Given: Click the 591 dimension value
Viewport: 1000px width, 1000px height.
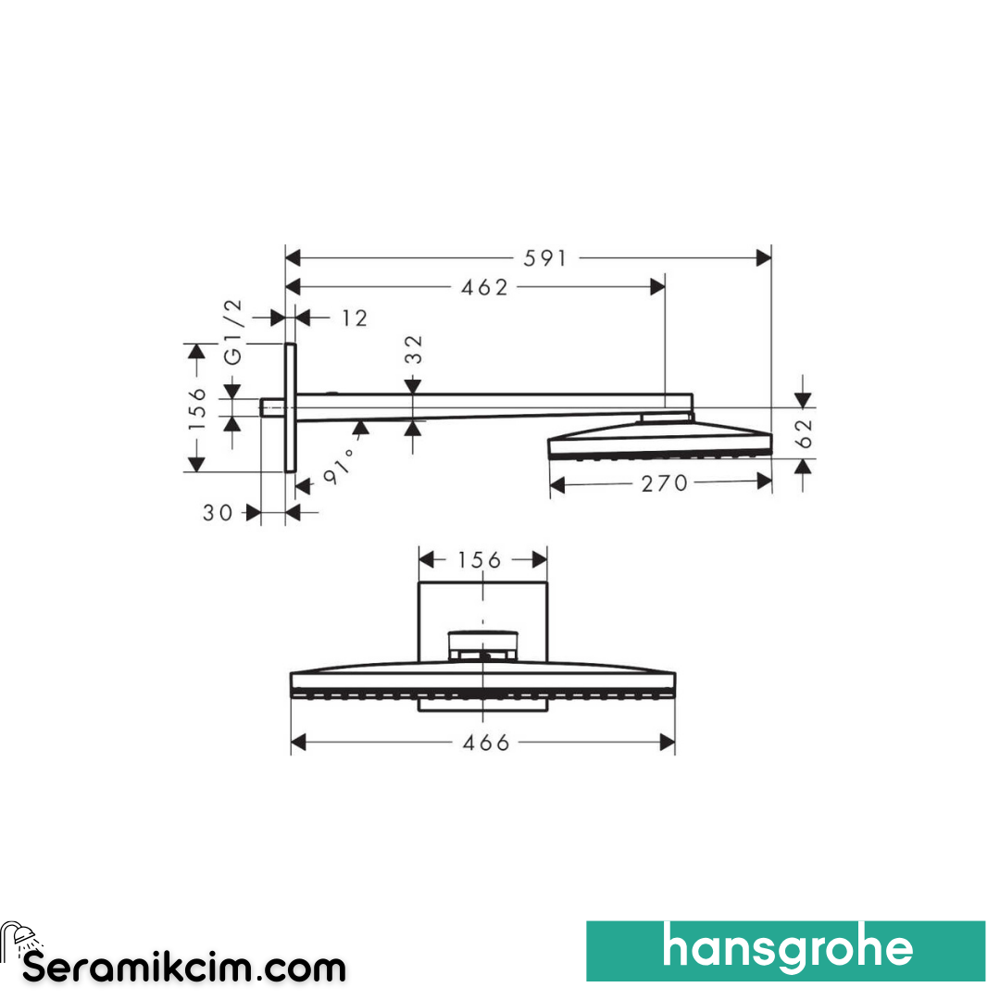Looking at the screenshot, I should (544, 258).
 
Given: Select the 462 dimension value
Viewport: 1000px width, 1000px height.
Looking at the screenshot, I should (485, 288).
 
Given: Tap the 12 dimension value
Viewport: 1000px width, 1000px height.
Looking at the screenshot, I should (354, 319).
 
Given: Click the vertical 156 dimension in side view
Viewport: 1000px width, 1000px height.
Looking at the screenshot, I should (196, 408).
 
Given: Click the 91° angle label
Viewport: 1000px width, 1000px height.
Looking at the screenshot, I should (338, 466).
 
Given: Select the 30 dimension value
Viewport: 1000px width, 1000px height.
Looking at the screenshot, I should (219, 512).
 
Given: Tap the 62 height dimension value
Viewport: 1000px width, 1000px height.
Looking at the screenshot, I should (804, 432).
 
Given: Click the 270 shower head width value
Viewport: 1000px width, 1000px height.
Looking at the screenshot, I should (665, 482).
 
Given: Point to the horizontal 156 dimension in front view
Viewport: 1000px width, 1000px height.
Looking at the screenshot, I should (480, 560).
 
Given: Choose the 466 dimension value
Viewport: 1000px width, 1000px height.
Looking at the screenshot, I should (486, 743).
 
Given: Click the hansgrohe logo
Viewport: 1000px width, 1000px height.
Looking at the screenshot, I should (786, 950).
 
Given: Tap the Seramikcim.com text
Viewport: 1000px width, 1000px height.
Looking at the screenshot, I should (184, 969).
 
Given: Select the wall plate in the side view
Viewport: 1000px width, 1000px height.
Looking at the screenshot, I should (291, 407).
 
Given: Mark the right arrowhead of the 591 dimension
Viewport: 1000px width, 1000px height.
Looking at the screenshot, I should (764, 258).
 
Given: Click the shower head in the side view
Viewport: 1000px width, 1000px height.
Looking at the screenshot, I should (659, 443).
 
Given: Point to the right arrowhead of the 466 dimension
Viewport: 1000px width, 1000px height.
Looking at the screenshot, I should (667, 742).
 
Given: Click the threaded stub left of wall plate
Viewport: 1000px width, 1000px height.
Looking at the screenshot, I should (273, 407).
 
